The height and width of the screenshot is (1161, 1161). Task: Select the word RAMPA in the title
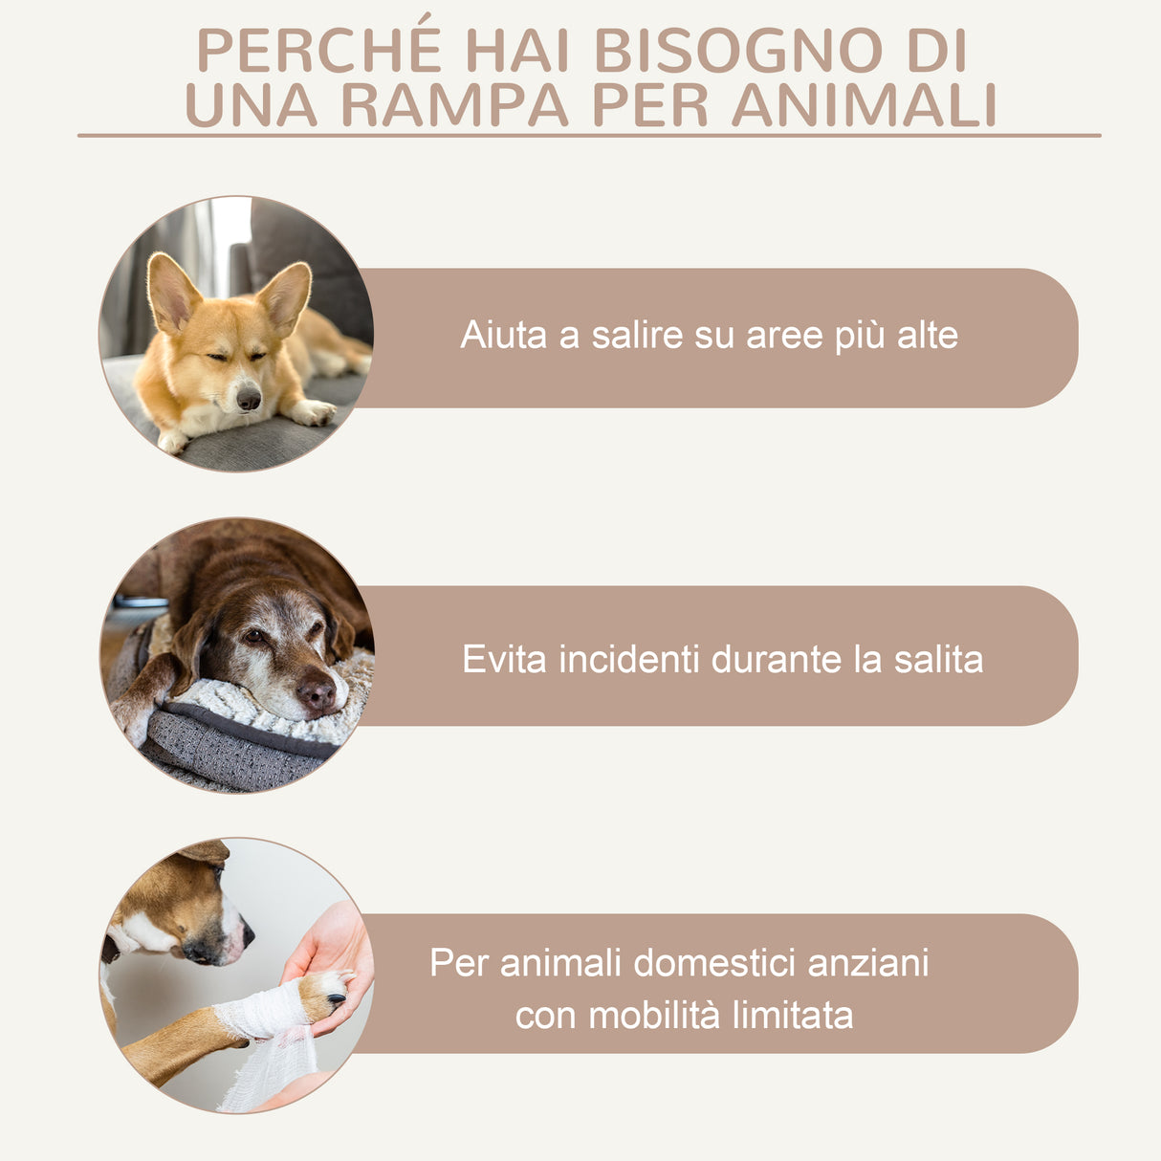pos(454,105)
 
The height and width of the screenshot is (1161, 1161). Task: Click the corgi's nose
pos(249,398)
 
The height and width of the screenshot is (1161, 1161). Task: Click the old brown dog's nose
pos(317,691)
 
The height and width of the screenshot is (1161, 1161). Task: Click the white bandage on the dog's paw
pos(264,1014)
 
